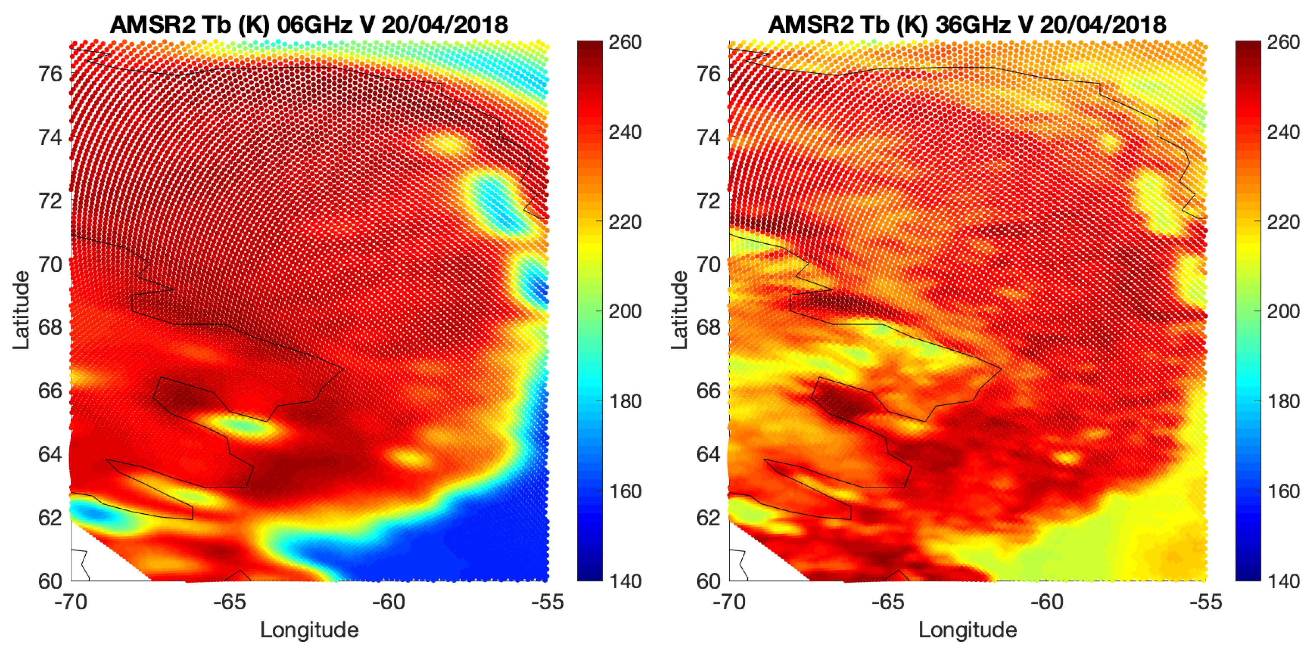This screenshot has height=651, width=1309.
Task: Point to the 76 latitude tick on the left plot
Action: tap(50, 74)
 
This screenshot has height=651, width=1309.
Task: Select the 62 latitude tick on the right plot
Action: tap(708, 518)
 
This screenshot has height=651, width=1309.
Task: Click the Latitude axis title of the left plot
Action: tap(21, 310)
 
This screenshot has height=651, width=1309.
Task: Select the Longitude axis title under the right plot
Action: tap(968, 630)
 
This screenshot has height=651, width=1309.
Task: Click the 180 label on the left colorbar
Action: tap(625, 401)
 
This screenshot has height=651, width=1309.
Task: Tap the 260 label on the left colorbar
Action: tap(625, 42)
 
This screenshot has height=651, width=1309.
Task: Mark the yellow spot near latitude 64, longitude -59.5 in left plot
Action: tap(411, 458)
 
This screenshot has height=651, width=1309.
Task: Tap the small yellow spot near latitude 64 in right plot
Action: tap(1067, 458)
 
